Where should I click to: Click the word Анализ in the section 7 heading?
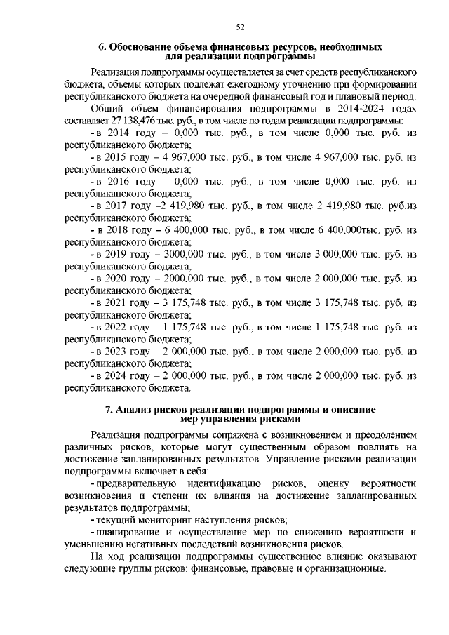point(135,408)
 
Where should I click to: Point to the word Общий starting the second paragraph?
point(107,109)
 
